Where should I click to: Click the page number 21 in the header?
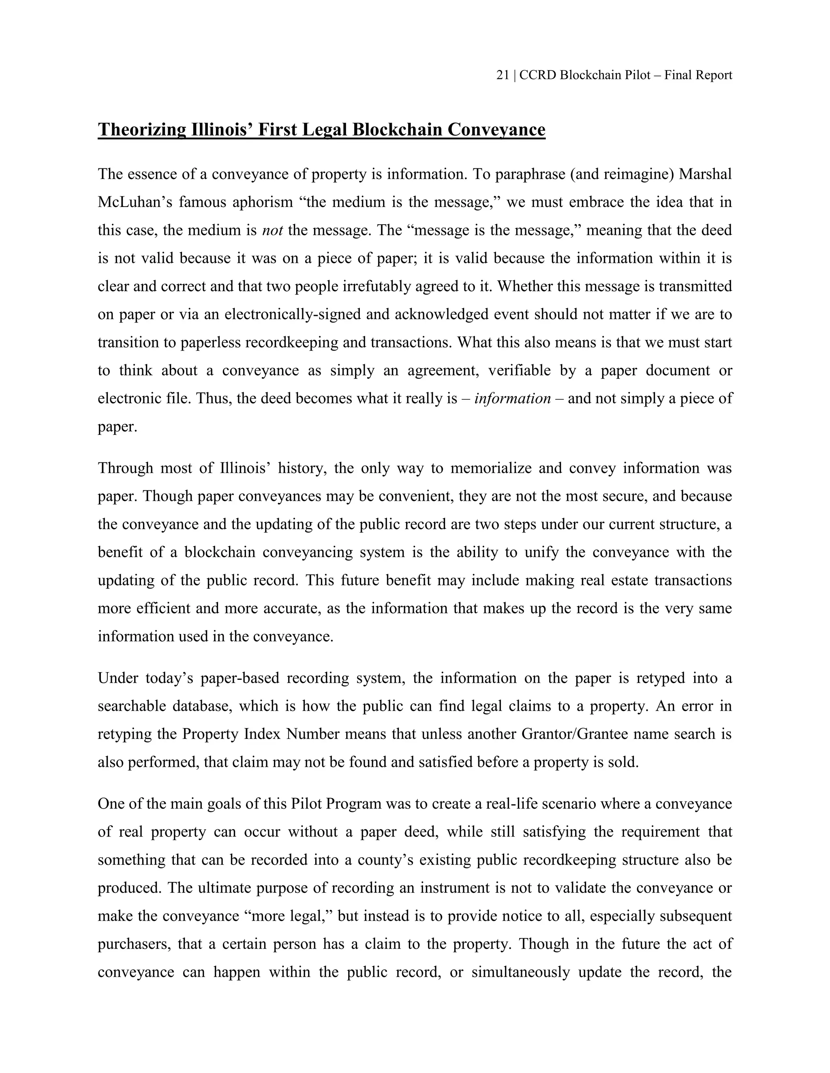(x=502, y=75)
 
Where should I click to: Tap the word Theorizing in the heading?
(x=141, y=130)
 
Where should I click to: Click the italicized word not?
(x=272, y=230)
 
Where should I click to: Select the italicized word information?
(x=512, y=398)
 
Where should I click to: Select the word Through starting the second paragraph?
(x=125, y=468)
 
